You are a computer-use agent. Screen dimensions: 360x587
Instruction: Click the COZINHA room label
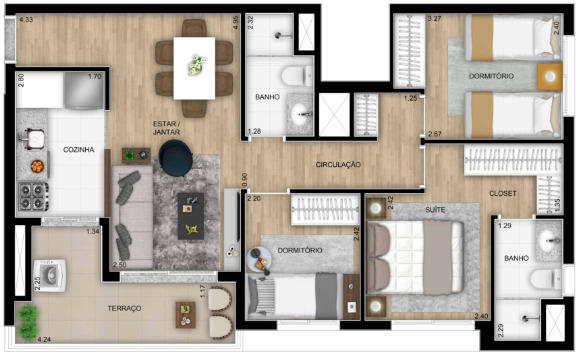pos(78,150)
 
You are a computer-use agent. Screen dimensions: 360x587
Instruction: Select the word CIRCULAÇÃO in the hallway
pos(338,164)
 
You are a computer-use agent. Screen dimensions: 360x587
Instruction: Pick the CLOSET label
pos(502,193)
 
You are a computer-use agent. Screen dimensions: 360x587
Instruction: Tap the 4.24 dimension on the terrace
pos(44,340)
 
